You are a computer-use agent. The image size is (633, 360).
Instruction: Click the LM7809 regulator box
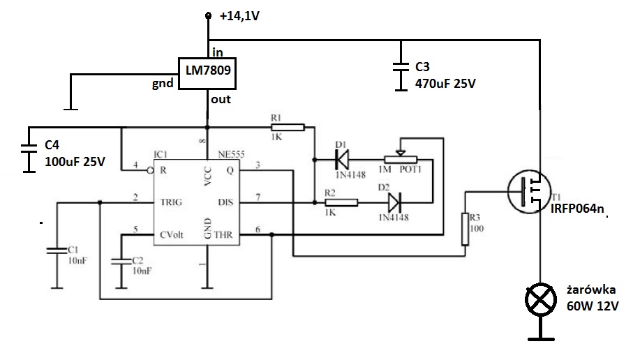[207, 73]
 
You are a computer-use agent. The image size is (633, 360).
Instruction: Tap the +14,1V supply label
[239, 16]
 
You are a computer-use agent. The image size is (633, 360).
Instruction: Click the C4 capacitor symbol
[29, 149]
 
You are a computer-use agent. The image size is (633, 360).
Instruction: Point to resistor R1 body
[288, 128]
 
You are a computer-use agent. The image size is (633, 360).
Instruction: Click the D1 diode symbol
[342, 160]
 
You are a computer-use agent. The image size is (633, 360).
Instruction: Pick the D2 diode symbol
[394, 202]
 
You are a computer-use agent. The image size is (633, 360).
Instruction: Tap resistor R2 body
[341, 202]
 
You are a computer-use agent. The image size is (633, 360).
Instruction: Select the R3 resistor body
[465, 230]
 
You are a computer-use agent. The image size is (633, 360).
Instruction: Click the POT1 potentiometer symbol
[400, 159]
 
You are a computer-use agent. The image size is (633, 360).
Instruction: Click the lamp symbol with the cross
[541, 300]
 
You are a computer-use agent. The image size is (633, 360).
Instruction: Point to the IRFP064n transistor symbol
[529, 192]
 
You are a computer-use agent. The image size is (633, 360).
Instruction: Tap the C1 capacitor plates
[57, 250]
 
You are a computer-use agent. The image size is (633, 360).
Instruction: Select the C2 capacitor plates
[121, 262]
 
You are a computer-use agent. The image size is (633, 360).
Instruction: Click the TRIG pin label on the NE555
[171, 202]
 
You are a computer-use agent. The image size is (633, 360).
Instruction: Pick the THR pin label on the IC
[223, 235]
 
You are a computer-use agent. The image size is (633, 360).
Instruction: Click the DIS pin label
[225, 202]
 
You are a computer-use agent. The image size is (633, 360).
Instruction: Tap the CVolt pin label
[172, 235]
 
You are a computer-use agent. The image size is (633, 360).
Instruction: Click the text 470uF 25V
[445, 84]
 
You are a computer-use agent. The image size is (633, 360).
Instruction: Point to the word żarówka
[591, 290]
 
